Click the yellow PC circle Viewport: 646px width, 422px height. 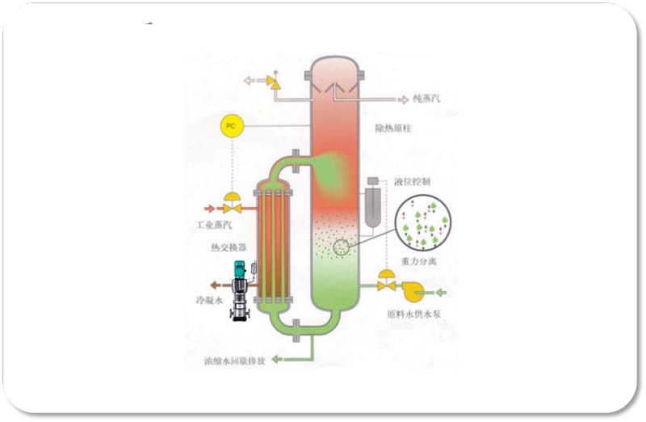(x=231, y=126)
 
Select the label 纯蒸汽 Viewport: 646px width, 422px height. (x=429, y=99)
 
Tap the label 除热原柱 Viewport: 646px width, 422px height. (x=393, y=128)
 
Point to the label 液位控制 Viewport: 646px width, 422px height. (x=413, y=182)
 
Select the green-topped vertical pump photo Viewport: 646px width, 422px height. (x=241, y=290)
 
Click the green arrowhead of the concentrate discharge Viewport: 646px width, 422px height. (x=276, y=358)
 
